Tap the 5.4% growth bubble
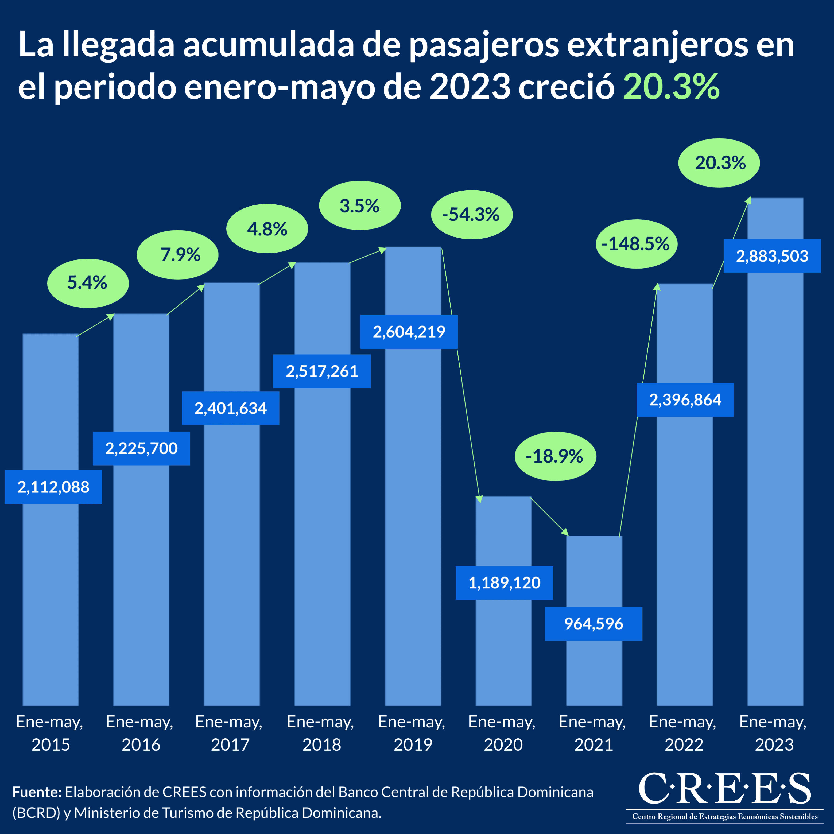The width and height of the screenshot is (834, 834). tap(88, 283)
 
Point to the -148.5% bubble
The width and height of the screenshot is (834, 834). tap(636, 244)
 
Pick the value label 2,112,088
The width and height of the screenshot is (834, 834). tap(53, 487)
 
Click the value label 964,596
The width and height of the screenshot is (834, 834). tap(593, 623)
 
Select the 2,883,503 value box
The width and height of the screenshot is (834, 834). tap(772, 256)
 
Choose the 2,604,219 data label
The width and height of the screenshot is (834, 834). tap(409, 332)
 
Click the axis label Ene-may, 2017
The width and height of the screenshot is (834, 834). tap(229, 733)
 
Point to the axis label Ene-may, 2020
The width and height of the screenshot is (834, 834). tap(502, 733)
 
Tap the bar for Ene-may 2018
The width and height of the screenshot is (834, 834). tap(322, 540)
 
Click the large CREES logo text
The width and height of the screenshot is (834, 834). tap(724, 789)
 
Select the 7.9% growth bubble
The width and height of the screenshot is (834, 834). tap(177, 255)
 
